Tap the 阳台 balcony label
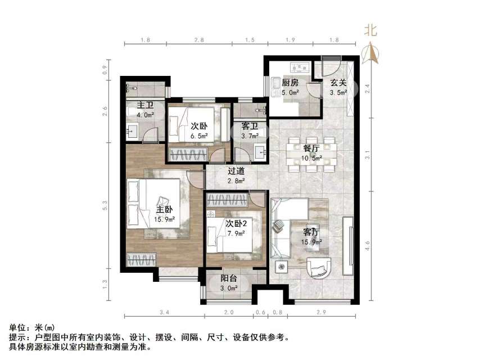tap(228, 278)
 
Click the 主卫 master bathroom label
tap(145, 105)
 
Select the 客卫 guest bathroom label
tap(250, 127)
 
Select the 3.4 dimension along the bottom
tap(164, 313)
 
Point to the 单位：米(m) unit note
tap(33, 327)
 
